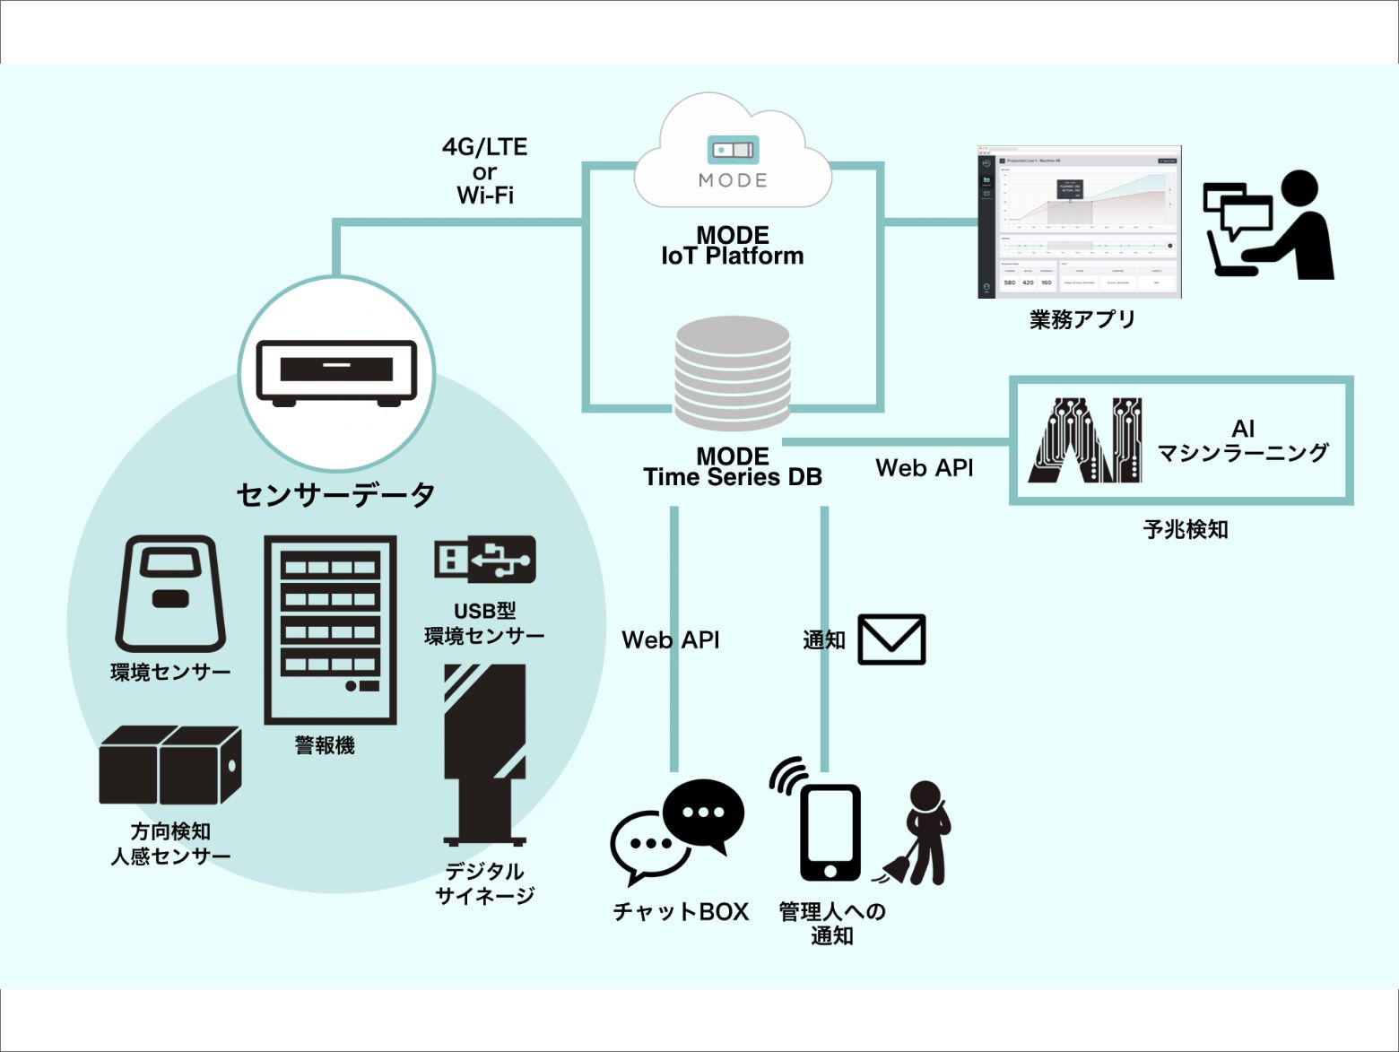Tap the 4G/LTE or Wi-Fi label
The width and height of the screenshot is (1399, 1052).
[485, 171]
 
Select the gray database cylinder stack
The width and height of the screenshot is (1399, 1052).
[733, 374]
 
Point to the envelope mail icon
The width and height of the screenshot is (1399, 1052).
[891, 639]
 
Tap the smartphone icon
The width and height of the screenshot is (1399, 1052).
[830, 833]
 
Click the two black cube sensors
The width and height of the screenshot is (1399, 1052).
[169, 765]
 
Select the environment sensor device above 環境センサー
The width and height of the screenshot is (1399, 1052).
[170, 594]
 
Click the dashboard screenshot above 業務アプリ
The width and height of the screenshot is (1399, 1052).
[1079, 222]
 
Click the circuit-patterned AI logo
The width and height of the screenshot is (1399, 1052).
[1086, 440]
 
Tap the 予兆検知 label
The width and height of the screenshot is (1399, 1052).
[1186, 529]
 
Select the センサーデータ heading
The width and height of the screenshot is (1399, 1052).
[335, 494]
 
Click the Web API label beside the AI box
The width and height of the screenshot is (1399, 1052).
[924, 467]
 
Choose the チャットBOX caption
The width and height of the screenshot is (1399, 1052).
[680, 912]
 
